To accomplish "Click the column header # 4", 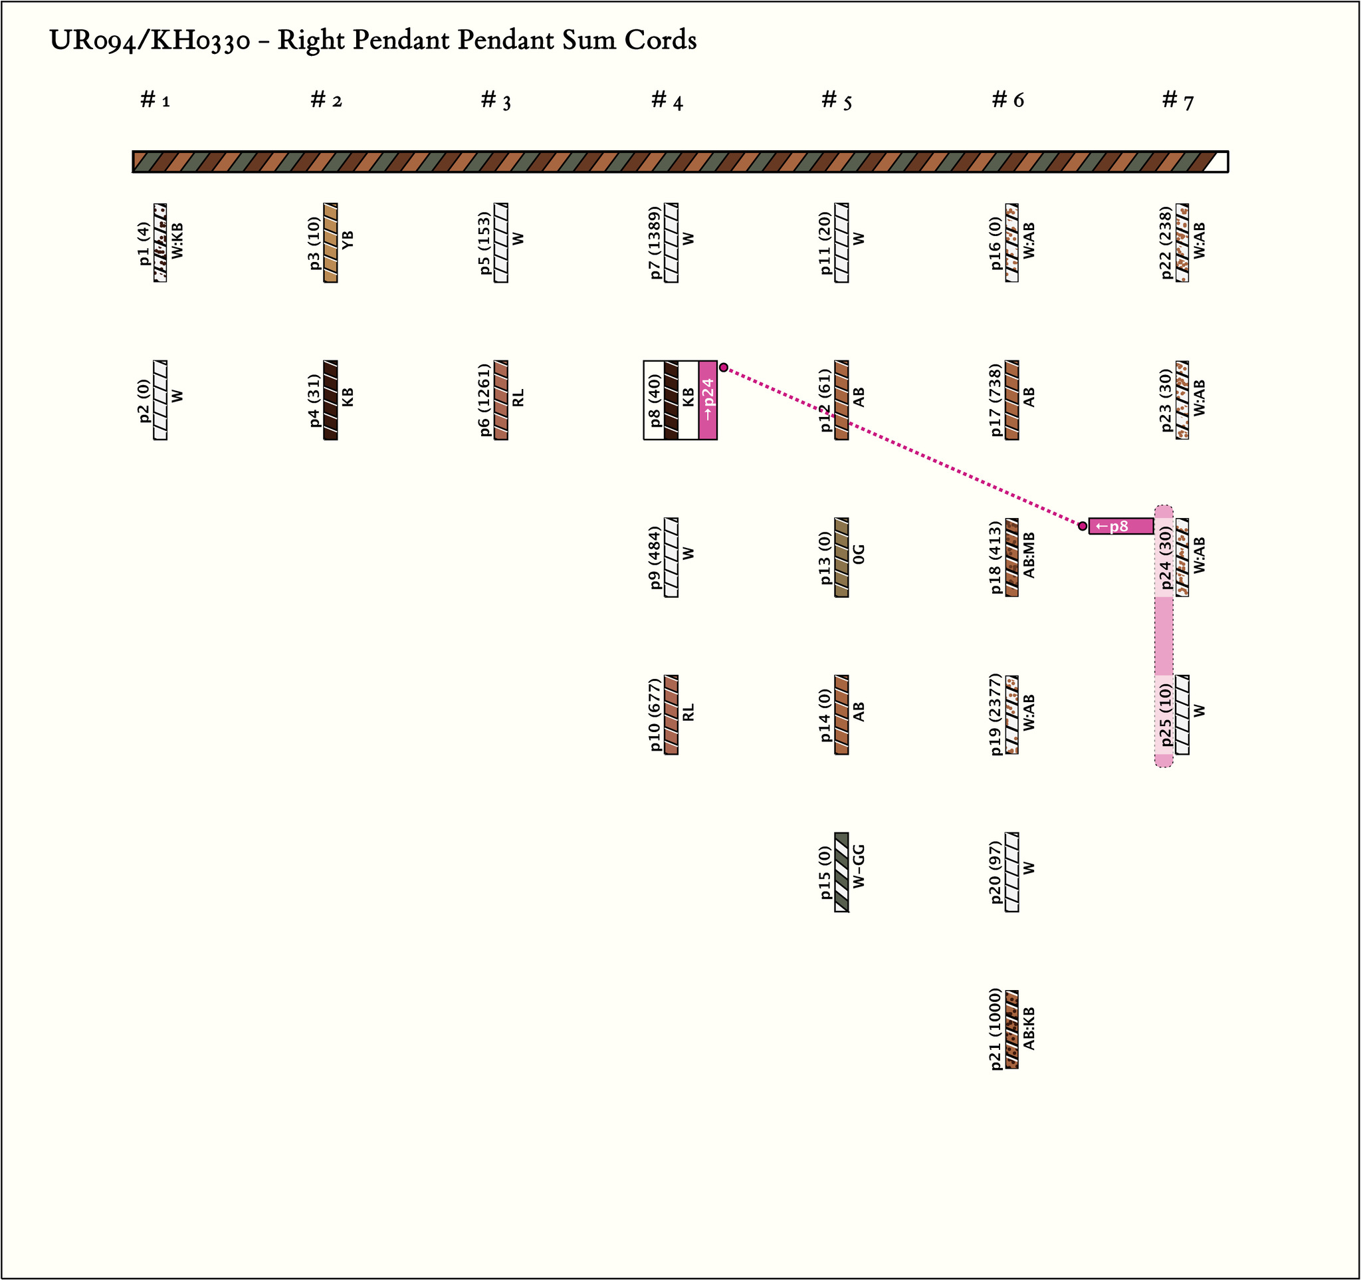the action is click(667, 100).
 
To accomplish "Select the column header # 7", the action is click(1178, 100).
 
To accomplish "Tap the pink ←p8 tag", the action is click(1120, 526).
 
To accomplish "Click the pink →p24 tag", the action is click(708, 400).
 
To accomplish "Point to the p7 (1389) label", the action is click(655, 243).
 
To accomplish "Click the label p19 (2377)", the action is click(996, 714).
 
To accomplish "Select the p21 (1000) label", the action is click(996, 1029).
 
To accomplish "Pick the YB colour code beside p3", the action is click(348, 239).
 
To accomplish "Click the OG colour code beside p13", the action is click(859, 554).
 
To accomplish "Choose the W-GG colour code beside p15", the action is click(859, 867).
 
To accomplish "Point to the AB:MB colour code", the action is click(1028, 555).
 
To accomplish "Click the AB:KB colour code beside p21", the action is click(1028, 1029).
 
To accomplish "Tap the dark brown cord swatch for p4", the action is click(331, 400).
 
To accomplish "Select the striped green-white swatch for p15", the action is click(841, 872).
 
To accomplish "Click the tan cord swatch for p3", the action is click(331, 243).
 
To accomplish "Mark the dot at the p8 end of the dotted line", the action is click(724, 368).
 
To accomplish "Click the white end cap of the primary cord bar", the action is click(1217, 162).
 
